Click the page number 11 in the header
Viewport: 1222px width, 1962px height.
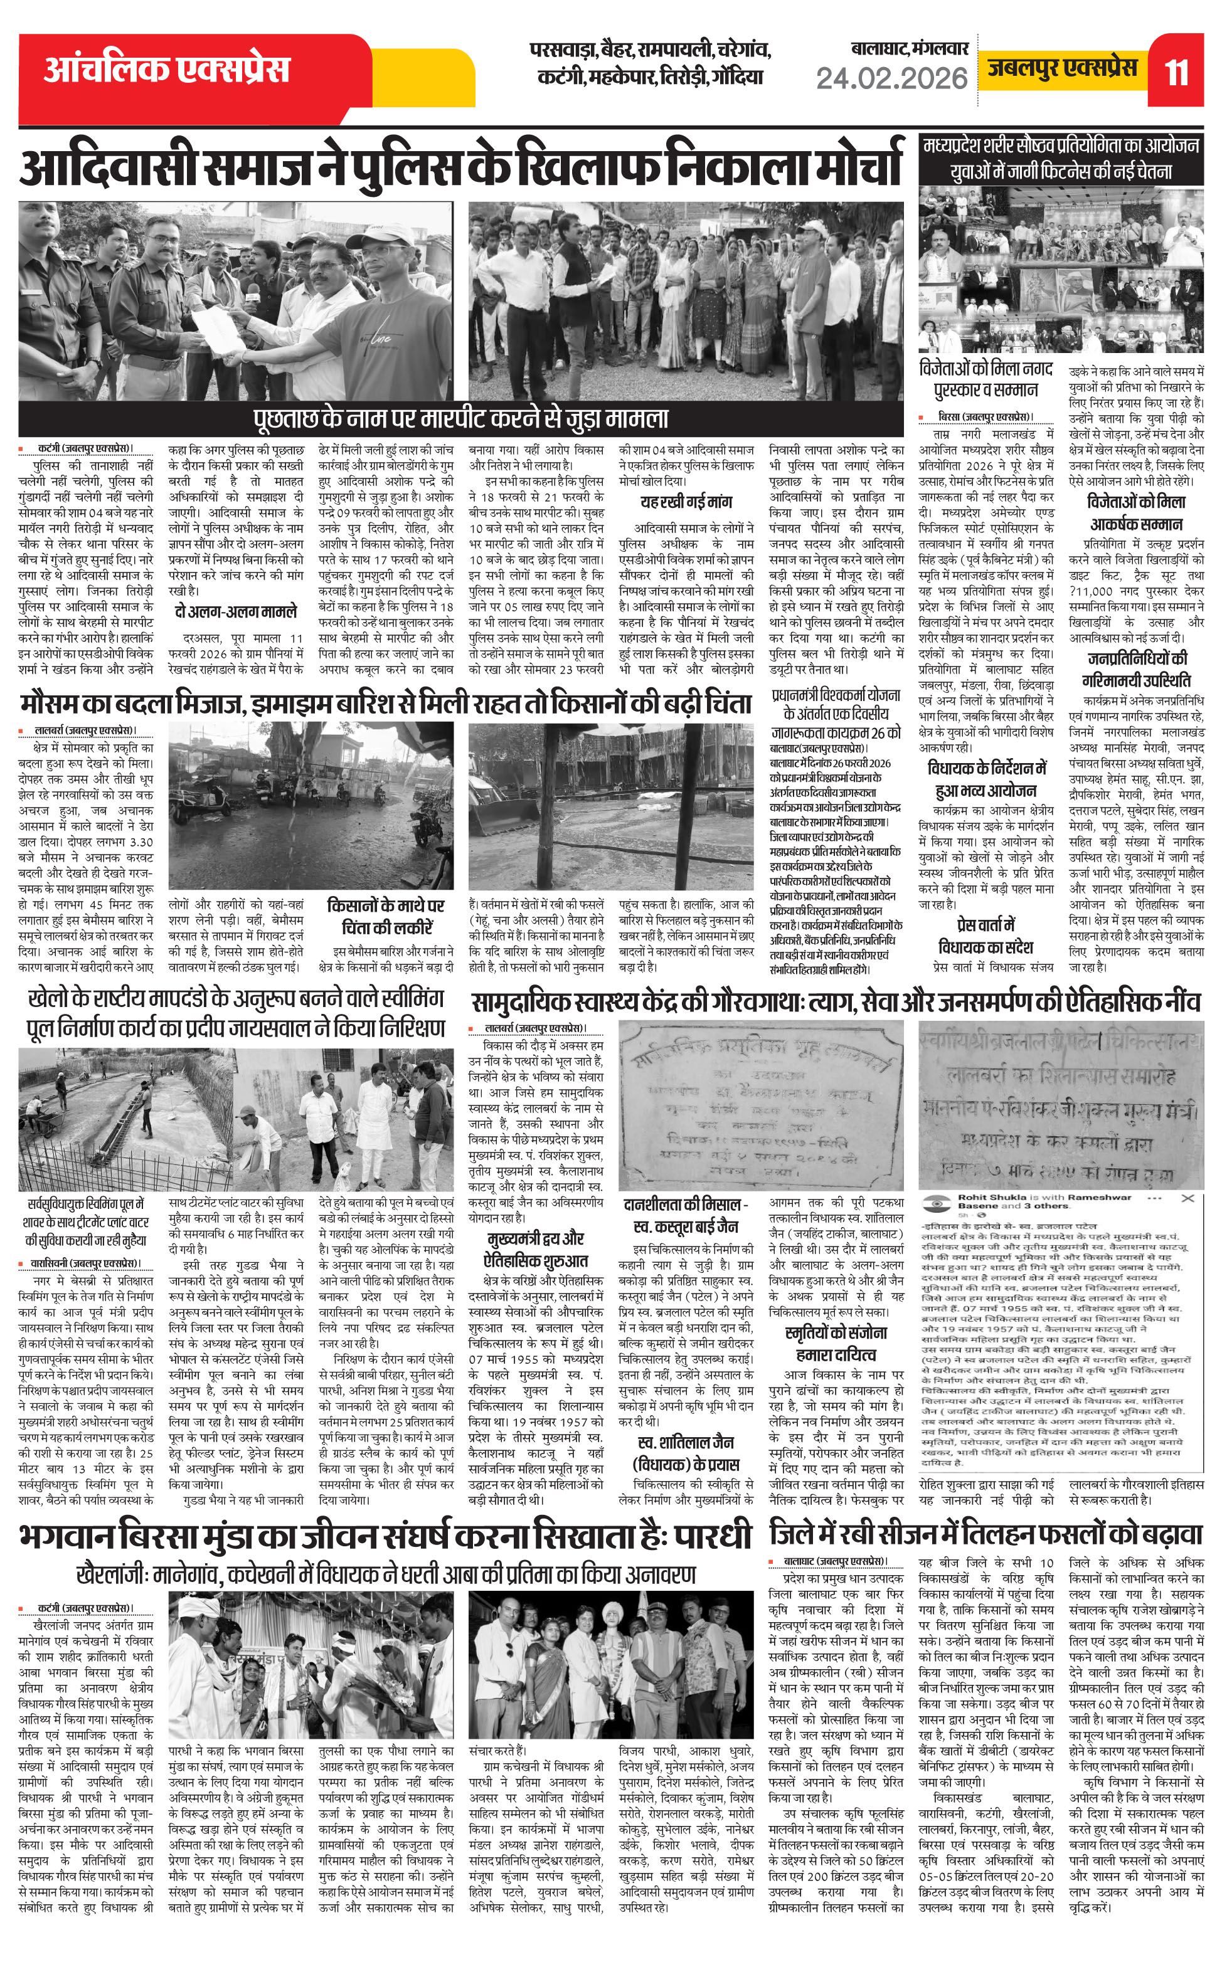(1176, 73)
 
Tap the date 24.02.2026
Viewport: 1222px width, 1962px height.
(891, 78)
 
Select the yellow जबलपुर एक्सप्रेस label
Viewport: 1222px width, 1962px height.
(1062, 68)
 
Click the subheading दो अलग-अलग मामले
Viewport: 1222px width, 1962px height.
(236, 612)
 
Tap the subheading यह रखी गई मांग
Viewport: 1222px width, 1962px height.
(686, 502)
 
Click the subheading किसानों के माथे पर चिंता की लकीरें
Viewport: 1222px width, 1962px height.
(386, 916)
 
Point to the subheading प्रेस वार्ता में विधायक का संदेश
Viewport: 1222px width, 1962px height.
(986, 936)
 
